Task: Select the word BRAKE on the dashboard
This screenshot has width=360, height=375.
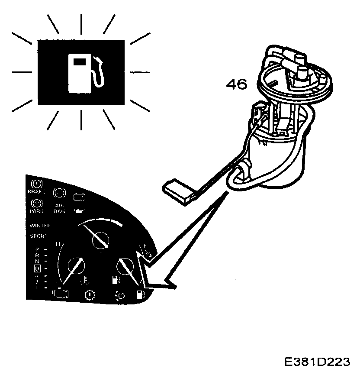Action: (x=37, y=191)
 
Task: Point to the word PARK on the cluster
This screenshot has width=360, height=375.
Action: (x=37, y=211)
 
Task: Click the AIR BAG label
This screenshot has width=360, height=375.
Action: (x=59, y=209)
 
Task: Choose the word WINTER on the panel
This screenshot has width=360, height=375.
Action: (x=40, y=226)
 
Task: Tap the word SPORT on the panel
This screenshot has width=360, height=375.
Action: (x=39, y=236)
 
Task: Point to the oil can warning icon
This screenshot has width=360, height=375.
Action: (x=79, y=210)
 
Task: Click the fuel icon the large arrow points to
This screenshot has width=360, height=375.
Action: (x=140, y=295)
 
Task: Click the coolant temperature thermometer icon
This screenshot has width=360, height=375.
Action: (x=85, y=281)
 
